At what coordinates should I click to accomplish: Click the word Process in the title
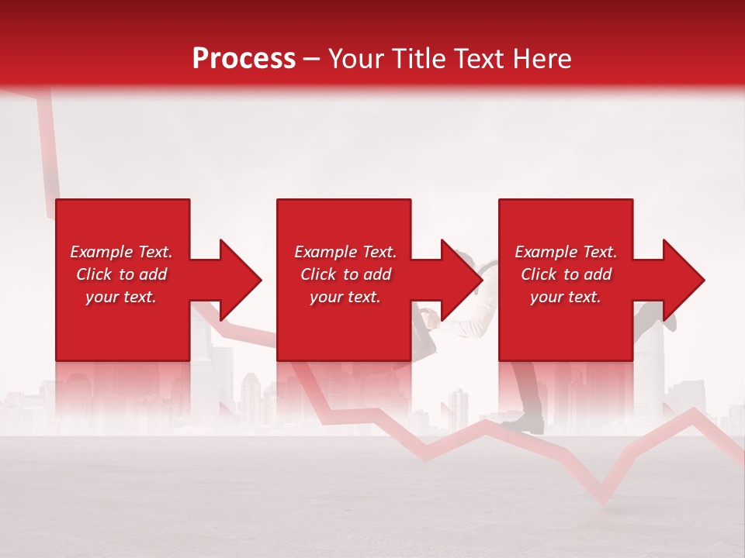tap(244, 59)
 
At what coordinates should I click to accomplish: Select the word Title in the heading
tap(422, 59)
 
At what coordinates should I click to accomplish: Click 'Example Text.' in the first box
tap(121, 252)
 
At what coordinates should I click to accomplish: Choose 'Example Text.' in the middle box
tap(345, 252)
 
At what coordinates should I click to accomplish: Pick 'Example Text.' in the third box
tap(566, 252)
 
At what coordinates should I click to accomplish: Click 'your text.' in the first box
tap(121, 297)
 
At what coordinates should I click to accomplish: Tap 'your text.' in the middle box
tap(345, 297)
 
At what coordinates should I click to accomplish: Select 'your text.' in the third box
tap(566, 297)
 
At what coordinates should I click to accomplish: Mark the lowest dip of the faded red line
tap(601, 501)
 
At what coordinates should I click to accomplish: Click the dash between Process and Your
tap(311, 60)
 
